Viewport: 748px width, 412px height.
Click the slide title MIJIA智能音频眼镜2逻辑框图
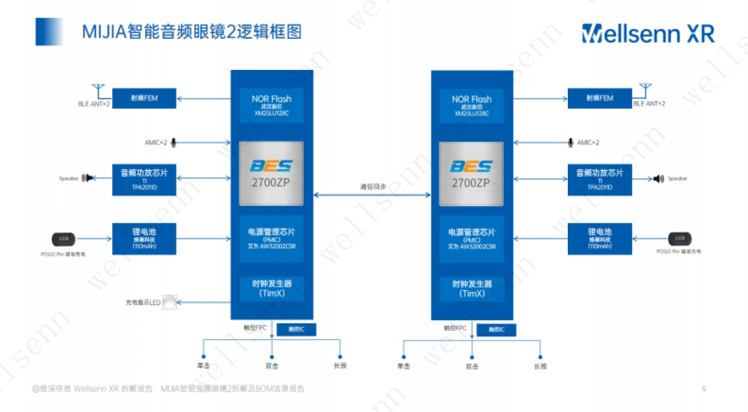pyautogui.click(x=192, y=32)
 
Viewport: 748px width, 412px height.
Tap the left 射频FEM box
pyautogui.click(x=145, y=98)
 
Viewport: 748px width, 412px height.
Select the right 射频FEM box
pyautogui.click(x=599, y=98)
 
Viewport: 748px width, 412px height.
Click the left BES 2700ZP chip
pyautogui.click(x=271, y=174)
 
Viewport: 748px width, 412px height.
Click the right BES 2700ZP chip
pyautogui.click(x=471, y=174)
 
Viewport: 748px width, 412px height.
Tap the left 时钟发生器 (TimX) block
pyautogui.click(x=271, y=288)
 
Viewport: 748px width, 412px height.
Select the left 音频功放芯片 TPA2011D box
pyautogui.click(x=145, y=179)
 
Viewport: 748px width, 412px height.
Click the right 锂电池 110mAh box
pyautogui.click(x=599, y=238)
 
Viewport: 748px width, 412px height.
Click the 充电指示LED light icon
pyautogui.click(x=170, y=303)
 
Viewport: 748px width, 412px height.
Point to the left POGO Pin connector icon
pyautogui.click(x=63, y=239)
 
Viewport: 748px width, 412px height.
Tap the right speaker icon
pyautogui.click(x=658, y=179)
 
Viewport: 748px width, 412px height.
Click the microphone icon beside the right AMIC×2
pyautogui.click(x=570, y=143)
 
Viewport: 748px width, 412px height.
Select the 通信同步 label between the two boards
pyautogui.click(x=372, y=186)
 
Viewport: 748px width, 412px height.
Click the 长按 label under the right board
pyautogui.click(x=540, y=366)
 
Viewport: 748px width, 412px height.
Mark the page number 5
pyautogui.click(x=704, y=389)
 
